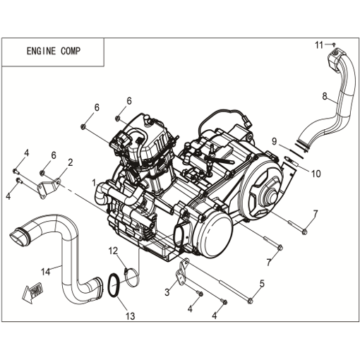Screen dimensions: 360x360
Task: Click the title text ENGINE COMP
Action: pos(54,51)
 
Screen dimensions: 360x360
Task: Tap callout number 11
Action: pos(319,45)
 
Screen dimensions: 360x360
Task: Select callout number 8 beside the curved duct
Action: pos(325,96)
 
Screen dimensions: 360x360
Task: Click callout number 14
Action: pos(45,272)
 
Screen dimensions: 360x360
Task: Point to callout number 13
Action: pos(130,316)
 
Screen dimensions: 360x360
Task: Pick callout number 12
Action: pos(113,251)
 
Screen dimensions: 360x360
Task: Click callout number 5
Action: pos(262,284)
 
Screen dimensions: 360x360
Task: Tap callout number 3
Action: pos(167,292)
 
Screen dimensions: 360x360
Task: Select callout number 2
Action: pos(70,162)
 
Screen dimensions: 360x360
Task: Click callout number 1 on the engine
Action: pos(94,183)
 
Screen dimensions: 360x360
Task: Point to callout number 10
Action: pos(316,174)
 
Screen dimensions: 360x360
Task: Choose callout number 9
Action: pos(274,141)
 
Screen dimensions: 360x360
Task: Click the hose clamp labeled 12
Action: pos(131,277)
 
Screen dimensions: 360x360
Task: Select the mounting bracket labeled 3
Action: pos(183,273)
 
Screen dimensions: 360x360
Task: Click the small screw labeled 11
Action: pos(334,44)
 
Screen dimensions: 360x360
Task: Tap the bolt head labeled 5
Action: pos(250,301)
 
